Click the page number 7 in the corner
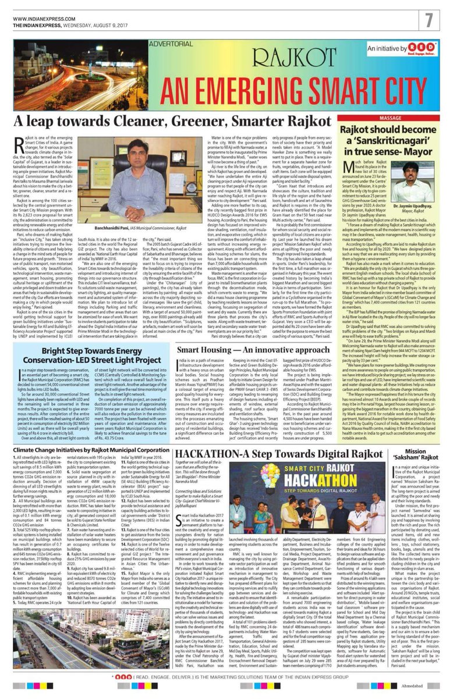pyautogui.click(x=434, y=19)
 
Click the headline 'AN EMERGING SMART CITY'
pyautogui.click(x=226, y=87)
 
